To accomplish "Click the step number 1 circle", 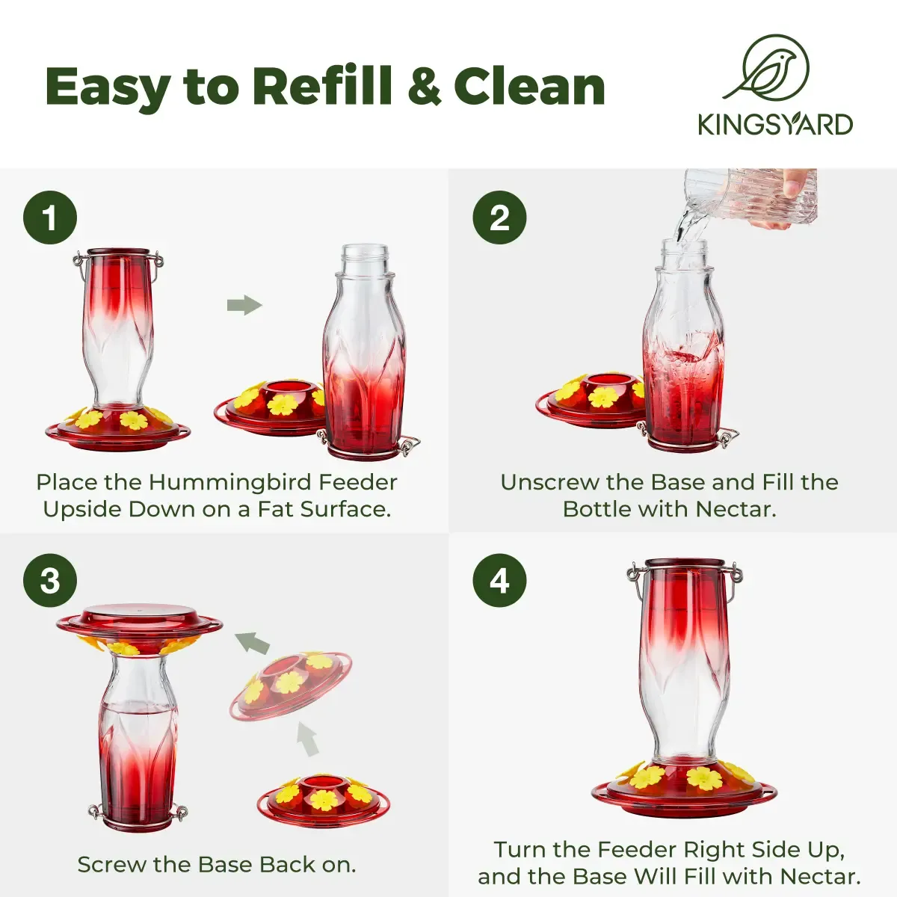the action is [50, 218].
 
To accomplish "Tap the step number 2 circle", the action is [499, 218].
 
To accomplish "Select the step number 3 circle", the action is [50, 581].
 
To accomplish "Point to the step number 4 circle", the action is [499, 581].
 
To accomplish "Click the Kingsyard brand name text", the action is [775, 125].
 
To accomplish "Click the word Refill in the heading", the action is [323, 86].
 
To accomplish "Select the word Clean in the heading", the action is [530, 86].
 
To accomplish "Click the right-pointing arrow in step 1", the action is [245, 306].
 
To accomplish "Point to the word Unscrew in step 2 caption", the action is [549, 482].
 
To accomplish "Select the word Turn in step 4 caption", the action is [520, 849].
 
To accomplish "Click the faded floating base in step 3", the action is [291, 683].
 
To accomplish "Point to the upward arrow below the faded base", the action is [307, 739].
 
